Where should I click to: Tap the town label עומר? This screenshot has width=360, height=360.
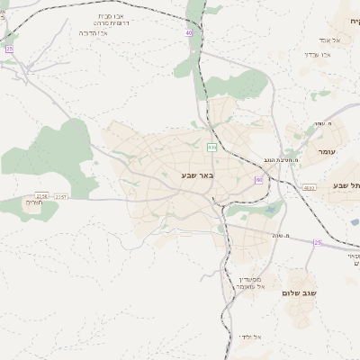coord(326,151)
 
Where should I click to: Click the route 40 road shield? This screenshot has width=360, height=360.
coord(190,32)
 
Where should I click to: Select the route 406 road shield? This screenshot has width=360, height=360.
coord(211,147)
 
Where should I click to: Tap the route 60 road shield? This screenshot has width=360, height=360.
coord(259,180)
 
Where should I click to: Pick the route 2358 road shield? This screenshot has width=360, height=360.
coord(42,195)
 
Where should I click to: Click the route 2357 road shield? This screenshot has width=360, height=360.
coord(61,195)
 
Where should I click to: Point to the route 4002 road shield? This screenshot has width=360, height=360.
coord(309,187)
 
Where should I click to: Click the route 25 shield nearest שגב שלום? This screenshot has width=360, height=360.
coord(317,242)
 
